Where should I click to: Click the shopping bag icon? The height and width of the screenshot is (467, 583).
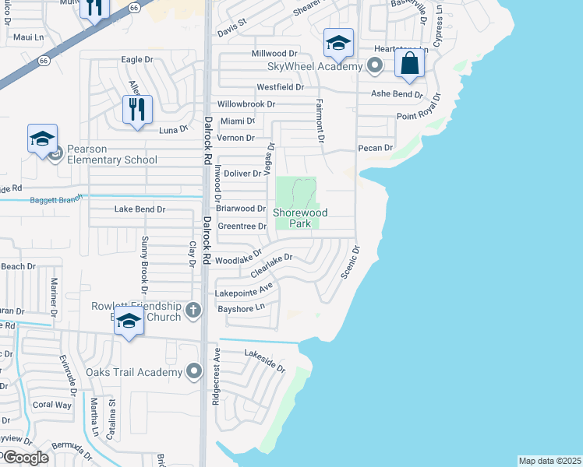409,63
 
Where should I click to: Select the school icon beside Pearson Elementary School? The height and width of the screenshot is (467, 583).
42,139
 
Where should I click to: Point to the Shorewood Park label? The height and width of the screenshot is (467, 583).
300,218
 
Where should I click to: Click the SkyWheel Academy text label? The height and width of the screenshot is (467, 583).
314,66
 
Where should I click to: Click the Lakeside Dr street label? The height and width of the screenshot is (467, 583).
265,360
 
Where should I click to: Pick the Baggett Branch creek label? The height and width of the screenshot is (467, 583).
55,200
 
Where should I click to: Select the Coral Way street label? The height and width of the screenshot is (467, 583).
51,405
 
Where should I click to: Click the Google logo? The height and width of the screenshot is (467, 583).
25,458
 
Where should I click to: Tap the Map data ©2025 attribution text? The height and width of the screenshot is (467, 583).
549,461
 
